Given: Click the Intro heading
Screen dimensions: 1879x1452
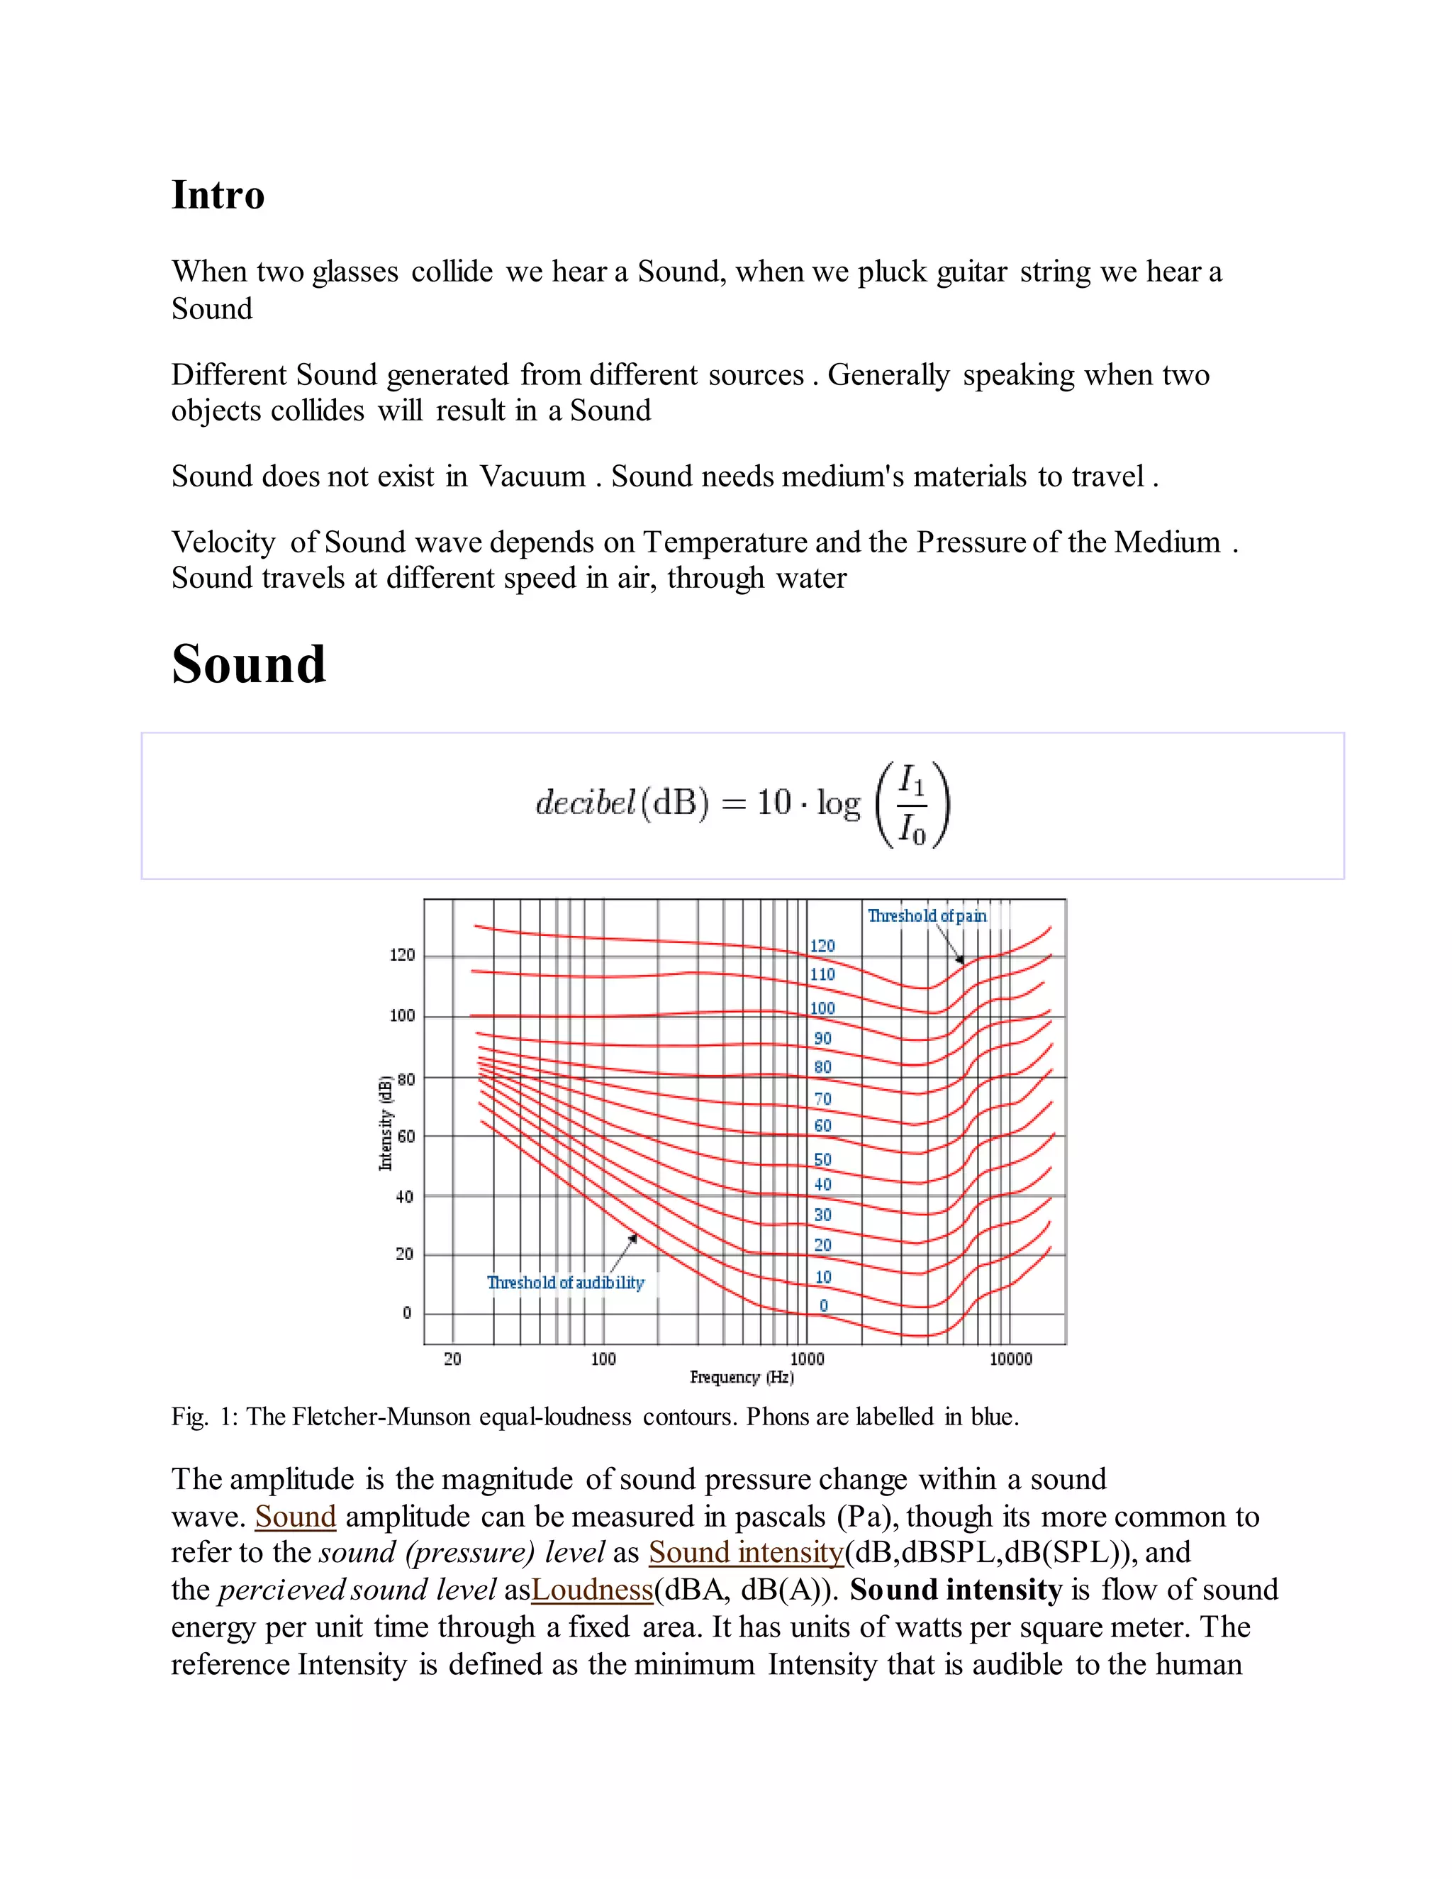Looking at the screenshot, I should click(218, 194).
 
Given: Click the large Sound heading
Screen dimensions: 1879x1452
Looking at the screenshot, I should click(249, 665).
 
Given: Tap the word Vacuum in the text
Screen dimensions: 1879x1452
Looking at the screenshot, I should click(532, 476).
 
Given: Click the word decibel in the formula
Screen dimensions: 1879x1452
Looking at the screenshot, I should click(585, 802).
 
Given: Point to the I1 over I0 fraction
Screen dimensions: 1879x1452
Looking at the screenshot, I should click(912, 805).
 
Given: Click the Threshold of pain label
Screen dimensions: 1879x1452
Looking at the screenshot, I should click(927, 915).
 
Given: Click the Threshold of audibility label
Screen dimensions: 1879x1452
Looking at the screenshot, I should click(565, 1282).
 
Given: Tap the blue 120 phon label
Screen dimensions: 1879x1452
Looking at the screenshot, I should click(822, 945).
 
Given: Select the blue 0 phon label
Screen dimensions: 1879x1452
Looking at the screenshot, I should click(823, 1305).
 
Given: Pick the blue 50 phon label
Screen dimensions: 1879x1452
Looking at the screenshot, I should click(822, 1160).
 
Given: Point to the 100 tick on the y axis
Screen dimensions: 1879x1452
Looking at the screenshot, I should click(402, 1016).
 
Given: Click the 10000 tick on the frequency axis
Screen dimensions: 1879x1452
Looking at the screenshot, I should click(1010, 1359).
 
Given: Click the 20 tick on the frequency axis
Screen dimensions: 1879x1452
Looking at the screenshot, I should click(452, 1359).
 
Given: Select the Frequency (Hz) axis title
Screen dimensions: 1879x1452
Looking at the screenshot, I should click(742, 1378).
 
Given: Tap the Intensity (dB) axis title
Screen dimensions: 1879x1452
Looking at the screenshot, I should click(386, 1122).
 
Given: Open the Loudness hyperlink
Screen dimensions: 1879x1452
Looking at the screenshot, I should click(592, 1589).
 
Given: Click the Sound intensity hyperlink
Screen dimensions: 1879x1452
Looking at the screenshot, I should click(746, 1552).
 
